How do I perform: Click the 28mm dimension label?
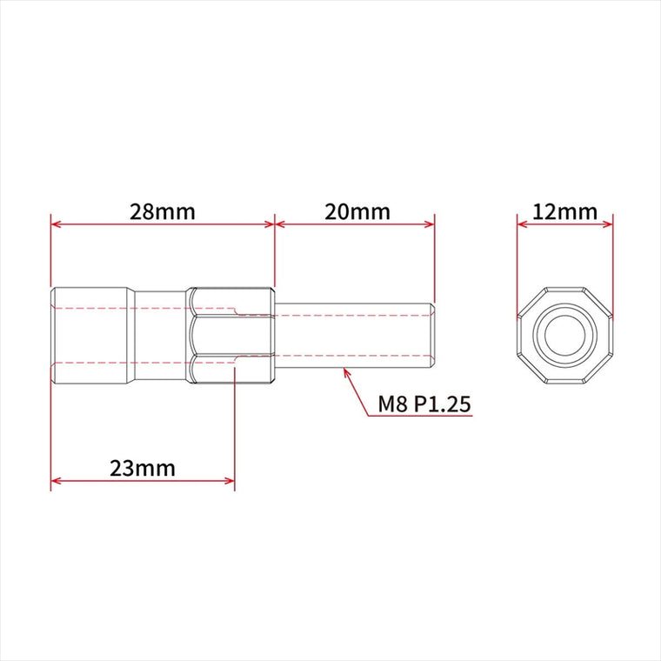163,212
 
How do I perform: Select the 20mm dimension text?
357,212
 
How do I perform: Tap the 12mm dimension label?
564,212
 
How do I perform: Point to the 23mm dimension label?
143,468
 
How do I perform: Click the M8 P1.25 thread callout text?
424,404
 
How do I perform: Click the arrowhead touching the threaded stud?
346,372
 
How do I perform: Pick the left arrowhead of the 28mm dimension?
55,224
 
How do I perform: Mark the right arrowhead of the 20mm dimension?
429,224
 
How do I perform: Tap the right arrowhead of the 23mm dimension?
230,481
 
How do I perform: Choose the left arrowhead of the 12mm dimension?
523,224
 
